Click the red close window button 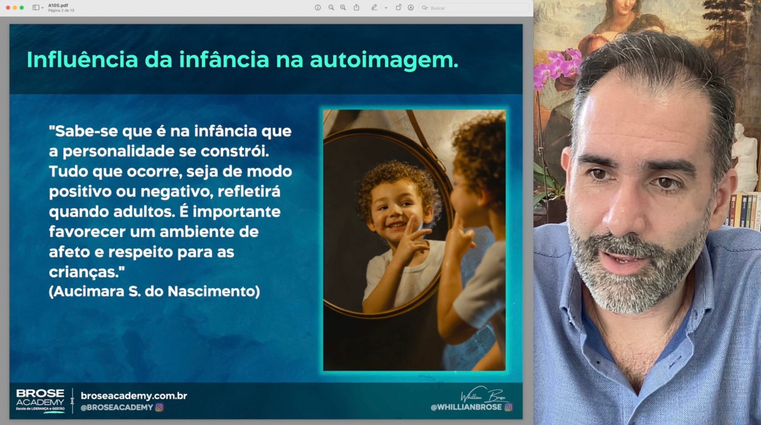(8, 8)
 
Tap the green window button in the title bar (22, 8)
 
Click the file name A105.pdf (58, 5)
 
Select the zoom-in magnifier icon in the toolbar (343, 8)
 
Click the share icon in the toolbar (356, 8)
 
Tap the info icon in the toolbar (318, 8)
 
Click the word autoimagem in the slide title (384, 60)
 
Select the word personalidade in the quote (118, 151)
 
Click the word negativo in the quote (176, 192)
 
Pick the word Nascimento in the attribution (214, 292)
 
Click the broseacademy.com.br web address (134, 396)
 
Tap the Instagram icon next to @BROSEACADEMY (159, 407)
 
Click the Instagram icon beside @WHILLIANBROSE (508, 407)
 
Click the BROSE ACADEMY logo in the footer (40, 401)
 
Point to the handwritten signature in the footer (484, 394)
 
